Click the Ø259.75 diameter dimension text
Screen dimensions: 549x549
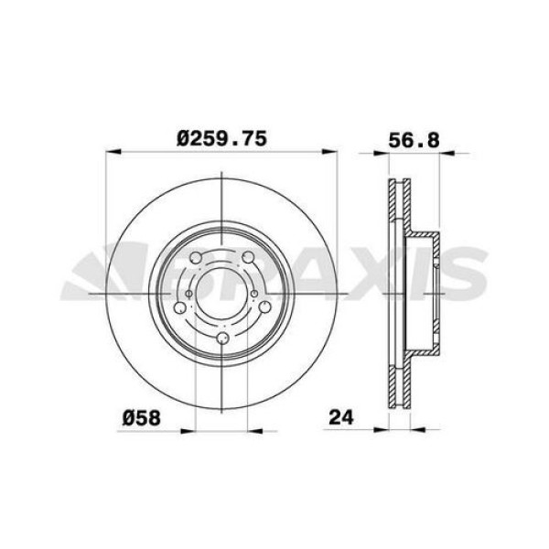[x=222, y=139]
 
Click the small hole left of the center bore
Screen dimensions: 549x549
[x=188, y=293]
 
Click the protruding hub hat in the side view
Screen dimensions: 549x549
[x=430, y=293]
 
